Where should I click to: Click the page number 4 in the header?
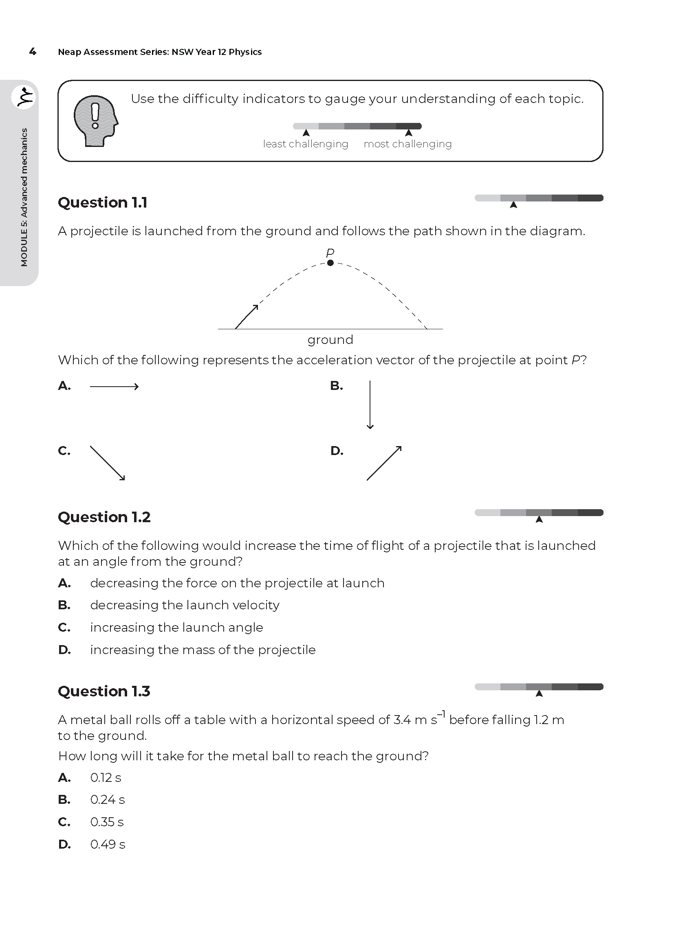coord(32,52)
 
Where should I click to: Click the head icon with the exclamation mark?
coord(95,120)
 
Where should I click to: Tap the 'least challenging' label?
coord(306,144)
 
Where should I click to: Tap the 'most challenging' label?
coord(407,144)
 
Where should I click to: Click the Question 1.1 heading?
coord(103,202)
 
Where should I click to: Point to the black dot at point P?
coord(330,263)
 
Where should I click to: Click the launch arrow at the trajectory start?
coord(247,317)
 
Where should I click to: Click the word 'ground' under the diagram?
coord(330,339)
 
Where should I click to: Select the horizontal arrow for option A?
coord(114,387)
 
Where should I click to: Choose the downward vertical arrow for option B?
coord(370,405)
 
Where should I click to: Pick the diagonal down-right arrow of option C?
coord(108,463)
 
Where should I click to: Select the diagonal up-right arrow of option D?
coord(384,463)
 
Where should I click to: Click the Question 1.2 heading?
coord(104,517)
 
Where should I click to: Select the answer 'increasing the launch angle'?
coord(176,627)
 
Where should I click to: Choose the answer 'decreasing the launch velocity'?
coord(185,605)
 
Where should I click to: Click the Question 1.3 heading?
coord(104,691)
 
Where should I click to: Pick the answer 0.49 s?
coord(108,844)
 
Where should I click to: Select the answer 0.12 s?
coord(106,777)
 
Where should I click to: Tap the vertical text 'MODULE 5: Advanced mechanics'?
coord(24,197)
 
